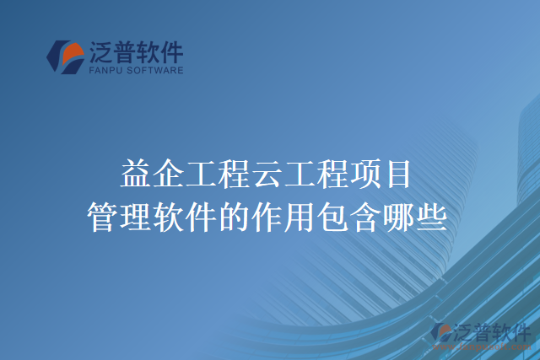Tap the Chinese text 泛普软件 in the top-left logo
[136, 53]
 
